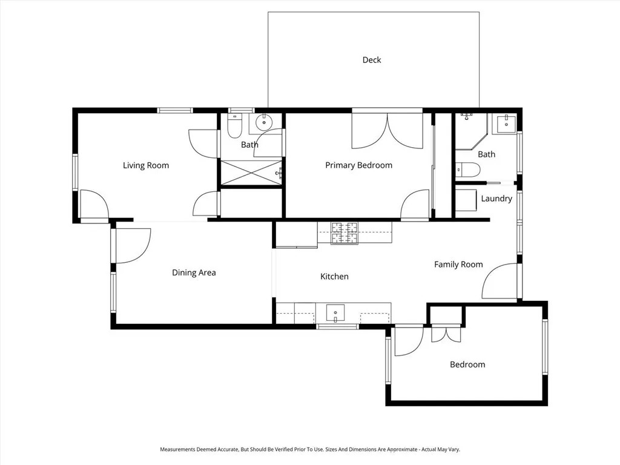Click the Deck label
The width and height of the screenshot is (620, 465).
[372, 60]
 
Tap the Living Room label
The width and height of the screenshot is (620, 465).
[146, 165]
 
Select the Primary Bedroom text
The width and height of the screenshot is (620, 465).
[358, 165]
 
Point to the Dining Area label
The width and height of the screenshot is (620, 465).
[194, 272]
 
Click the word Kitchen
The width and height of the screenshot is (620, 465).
[334, 276]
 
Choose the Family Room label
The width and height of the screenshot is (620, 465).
[458, 265]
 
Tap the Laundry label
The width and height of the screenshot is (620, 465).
[496, 199]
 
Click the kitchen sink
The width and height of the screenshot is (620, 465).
[335, 313]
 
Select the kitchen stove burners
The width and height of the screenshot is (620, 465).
[344, 233]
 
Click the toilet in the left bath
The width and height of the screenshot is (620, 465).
[234, 126]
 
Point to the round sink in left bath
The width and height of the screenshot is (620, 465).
[263, 122]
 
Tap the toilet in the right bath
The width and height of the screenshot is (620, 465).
[468, 170]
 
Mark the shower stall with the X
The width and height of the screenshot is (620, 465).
[251, 172]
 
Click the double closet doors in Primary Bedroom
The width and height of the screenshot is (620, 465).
[387, 131]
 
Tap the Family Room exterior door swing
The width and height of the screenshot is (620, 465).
[499, 281]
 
